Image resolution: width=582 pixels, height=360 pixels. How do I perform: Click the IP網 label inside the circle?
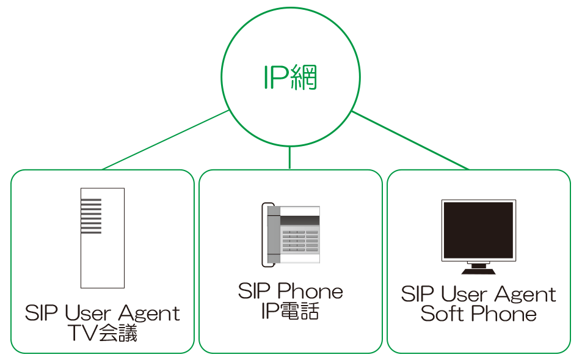click(x=290, y=77)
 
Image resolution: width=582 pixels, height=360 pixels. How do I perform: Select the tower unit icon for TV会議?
click(x=103, y=238)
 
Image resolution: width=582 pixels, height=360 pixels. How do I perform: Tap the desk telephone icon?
click(x=291, y=235)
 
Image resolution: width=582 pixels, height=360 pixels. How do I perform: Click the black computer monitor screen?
click(x=478, y=230)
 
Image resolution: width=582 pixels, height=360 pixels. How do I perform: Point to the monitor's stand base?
click(x=478, y=271)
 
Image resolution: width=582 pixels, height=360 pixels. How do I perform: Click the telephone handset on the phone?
click(x=268, y=235)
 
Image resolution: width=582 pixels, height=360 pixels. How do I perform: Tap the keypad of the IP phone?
click(x=300, y=241)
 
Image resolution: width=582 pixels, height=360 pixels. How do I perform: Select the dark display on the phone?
click(x=299, y=220)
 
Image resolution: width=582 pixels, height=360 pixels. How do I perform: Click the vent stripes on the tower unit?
click(x=92, y=216)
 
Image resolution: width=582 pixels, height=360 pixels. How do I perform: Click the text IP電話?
click(x=290, y=311)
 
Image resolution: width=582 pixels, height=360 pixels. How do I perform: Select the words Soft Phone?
click(x=478, y=314)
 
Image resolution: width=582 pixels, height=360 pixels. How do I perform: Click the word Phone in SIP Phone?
click(x=310, y=291)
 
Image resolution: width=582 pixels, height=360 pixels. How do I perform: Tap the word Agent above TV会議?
click(x=149, y=313)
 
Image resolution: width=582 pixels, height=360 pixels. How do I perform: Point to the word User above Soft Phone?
click(x=464, y=294)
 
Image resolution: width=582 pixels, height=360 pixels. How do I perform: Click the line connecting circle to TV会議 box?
click(x=166, y=140)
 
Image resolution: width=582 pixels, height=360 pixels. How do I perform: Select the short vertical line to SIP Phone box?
click(x=289, y=158)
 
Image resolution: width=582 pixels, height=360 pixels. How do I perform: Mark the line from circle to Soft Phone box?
click(x=410, y=140)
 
